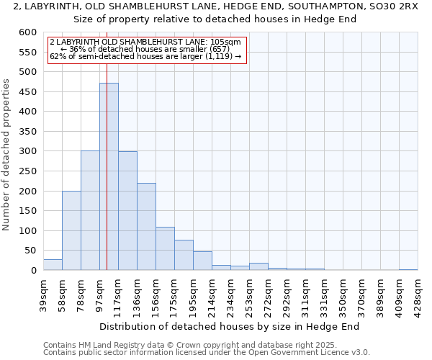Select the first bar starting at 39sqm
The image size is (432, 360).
click(x=53, y=265)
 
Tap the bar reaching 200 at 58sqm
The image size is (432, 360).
click(x=71, y=230)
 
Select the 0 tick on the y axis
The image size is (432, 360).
click(x=34, y=271)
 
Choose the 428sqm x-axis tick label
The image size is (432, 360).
click(x=418, y=294)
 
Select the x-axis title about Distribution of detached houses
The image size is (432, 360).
click(x=229, y=326)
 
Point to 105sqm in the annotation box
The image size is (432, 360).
click(x=226, y=42)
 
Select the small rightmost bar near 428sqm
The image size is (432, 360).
click(x=408, y=269)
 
